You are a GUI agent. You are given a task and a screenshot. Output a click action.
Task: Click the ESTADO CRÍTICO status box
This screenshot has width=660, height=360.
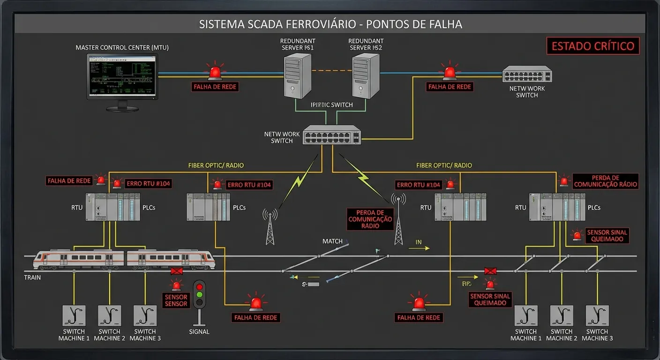tap(593, 46)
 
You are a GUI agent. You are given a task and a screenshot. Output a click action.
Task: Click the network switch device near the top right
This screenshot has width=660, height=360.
tap(527, 75)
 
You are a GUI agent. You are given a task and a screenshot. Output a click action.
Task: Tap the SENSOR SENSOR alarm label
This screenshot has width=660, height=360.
tap(176, 300)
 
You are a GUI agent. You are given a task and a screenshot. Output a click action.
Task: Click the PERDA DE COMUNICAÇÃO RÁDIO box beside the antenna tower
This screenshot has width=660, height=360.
tap(370, 219)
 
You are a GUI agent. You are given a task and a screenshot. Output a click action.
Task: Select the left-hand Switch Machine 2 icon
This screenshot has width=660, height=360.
tap(110, 315)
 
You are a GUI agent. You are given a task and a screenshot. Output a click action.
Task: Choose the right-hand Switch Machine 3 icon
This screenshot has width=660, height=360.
tap(597, 315)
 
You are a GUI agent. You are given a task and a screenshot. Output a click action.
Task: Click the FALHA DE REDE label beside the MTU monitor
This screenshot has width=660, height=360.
tap(216, 87)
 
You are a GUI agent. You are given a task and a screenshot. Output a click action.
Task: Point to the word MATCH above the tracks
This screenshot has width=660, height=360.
tap(332, 241)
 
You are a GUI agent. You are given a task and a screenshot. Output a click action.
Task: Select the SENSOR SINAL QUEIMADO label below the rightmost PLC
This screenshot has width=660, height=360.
tap(607, 236)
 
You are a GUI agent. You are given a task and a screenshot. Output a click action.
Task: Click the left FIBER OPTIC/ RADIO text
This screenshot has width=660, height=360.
tap(216, 165)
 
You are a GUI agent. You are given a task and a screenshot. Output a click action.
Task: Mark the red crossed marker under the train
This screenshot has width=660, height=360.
tap(177, 271)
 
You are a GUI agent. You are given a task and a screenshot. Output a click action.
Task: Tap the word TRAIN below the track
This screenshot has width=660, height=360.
tap(32, 277)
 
